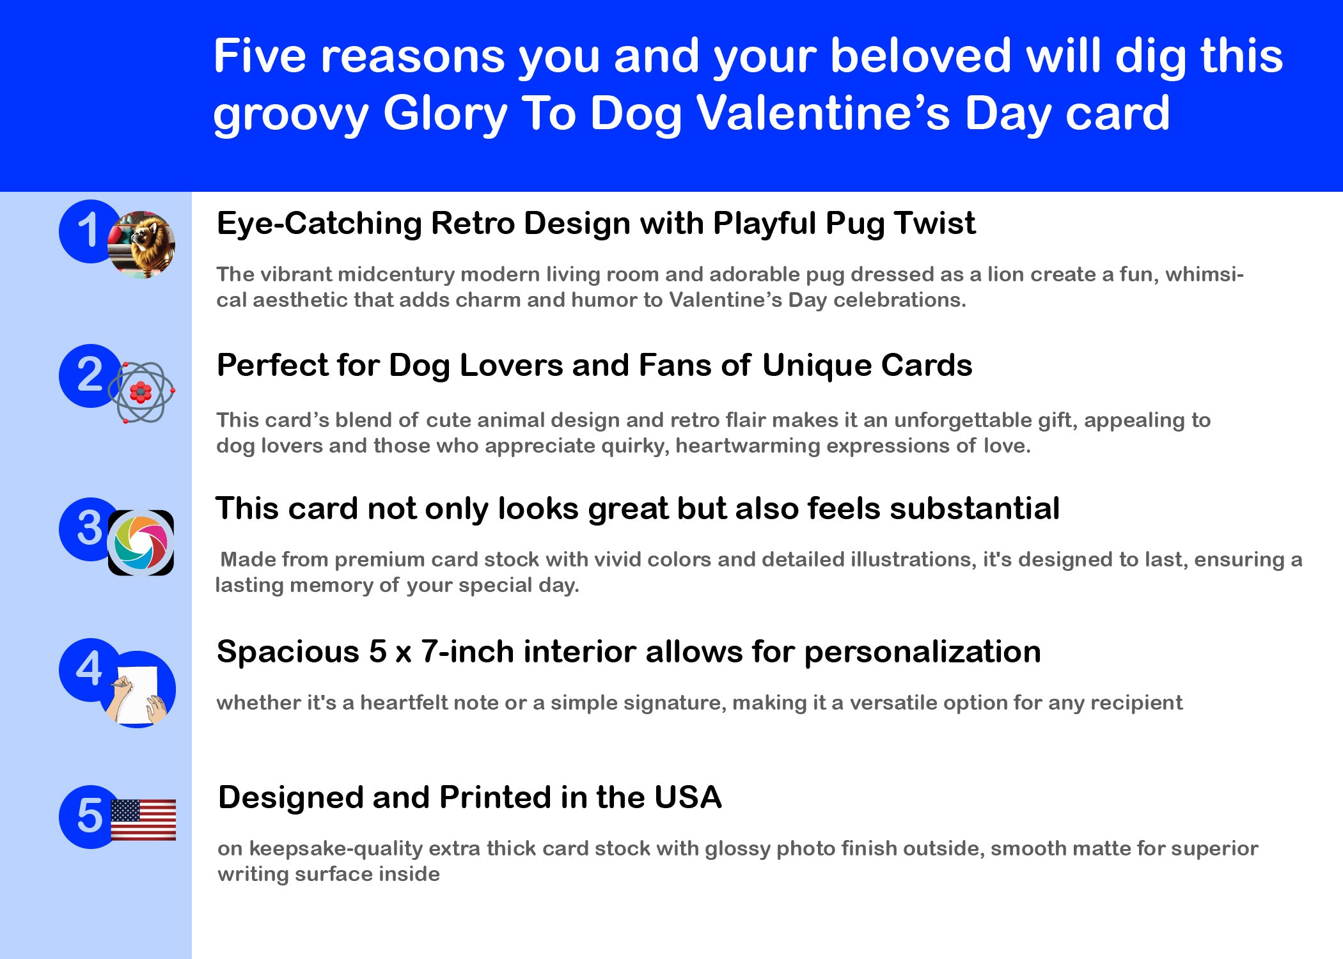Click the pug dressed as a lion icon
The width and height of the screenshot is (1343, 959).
[141, 245]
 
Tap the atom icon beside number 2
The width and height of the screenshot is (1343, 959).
[141, 392]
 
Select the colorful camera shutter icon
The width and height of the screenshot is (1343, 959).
[141, 543]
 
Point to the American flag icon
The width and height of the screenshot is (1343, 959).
[143, 820]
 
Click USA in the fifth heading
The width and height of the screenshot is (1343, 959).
[688, 797]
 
